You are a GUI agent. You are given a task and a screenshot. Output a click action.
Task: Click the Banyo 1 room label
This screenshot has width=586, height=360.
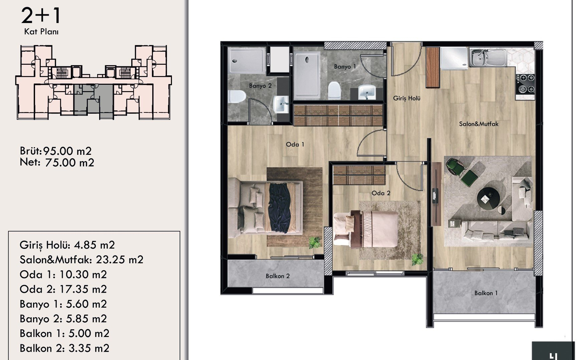coord(345,66)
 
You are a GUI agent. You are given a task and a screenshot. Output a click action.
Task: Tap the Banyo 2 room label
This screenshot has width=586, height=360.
coord(260,86)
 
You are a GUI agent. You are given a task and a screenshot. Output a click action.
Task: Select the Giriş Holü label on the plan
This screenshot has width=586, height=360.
coord(406,98)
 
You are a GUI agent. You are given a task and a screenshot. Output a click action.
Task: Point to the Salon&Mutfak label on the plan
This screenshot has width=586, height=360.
coord(478,124)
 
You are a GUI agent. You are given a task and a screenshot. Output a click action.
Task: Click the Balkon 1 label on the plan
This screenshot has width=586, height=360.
coord(486,293)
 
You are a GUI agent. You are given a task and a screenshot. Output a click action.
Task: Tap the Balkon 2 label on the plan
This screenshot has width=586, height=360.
coord(277,276)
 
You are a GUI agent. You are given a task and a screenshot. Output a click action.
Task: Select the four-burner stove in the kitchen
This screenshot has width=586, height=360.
coord(526,83)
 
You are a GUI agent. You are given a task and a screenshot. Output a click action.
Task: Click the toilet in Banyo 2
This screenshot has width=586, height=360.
coord(237,97)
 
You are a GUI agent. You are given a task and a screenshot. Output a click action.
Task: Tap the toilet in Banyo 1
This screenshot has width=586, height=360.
coord(334,90)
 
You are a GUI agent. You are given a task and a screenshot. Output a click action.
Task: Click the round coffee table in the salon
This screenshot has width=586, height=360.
coord(489,199)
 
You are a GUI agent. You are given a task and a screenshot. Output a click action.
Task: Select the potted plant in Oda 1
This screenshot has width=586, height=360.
coord(315,243)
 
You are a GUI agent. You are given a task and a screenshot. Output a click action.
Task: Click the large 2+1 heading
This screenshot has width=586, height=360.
coord(41,15)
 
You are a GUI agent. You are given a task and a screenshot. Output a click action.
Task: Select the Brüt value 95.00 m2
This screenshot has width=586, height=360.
coord(67,151)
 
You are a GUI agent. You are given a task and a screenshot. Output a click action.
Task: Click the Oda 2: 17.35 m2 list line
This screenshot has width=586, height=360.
coord(63,289)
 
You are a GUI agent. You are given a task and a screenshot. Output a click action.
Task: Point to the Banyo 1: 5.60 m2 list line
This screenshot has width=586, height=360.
coord(63,304)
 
